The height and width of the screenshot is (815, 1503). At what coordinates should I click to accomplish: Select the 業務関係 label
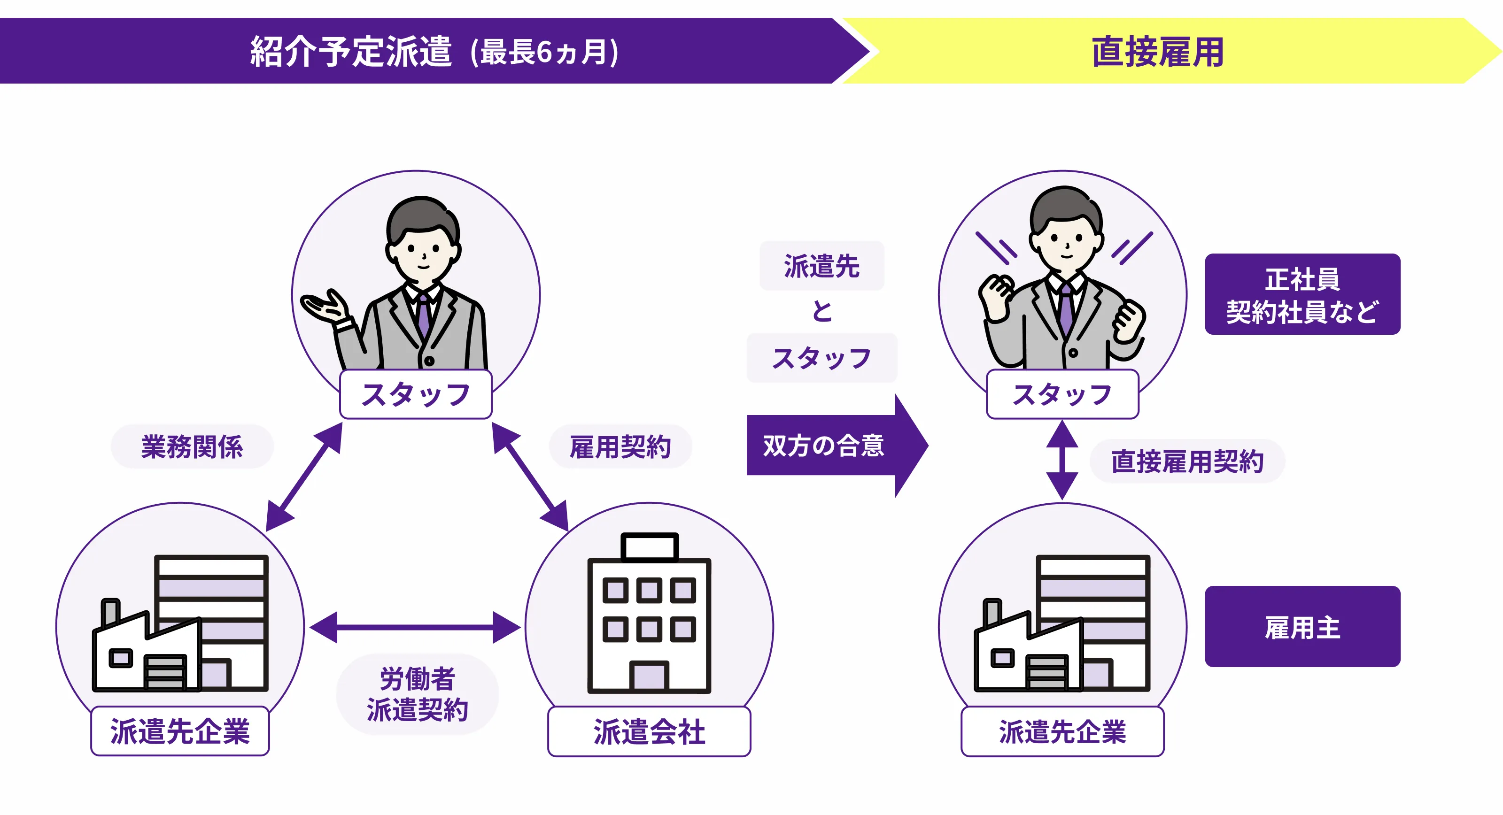(x=192, y=447)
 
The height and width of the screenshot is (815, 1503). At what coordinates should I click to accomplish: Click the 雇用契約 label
(x=620, y=447)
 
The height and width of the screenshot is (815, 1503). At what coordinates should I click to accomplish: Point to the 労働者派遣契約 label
(x=417, y=694)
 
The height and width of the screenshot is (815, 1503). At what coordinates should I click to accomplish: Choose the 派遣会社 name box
(x=649, y=731)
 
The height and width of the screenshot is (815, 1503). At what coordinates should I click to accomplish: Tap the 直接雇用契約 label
(x=1187, y=461)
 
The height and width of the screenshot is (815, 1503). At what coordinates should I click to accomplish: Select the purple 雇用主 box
(x=1302, y=627)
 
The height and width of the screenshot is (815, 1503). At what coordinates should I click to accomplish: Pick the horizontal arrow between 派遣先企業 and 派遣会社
(x=415, y=628)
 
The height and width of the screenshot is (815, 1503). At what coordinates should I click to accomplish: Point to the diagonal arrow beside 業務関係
(x=304, y=477)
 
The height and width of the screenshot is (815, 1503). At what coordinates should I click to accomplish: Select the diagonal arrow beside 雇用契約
(x=530, y=477)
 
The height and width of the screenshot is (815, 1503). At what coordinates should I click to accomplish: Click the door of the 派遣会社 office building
(x=649, y=676)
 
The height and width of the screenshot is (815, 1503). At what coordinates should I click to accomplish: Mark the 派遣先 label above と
(x=821, y=266)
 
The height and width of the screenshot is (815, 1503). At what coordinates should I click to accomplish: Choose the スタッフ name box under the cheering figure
(x=1062, y=394)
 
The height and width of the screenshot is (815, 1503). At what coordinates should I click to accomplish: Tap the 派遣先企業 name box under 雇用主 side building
(x=1062, y=731)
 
